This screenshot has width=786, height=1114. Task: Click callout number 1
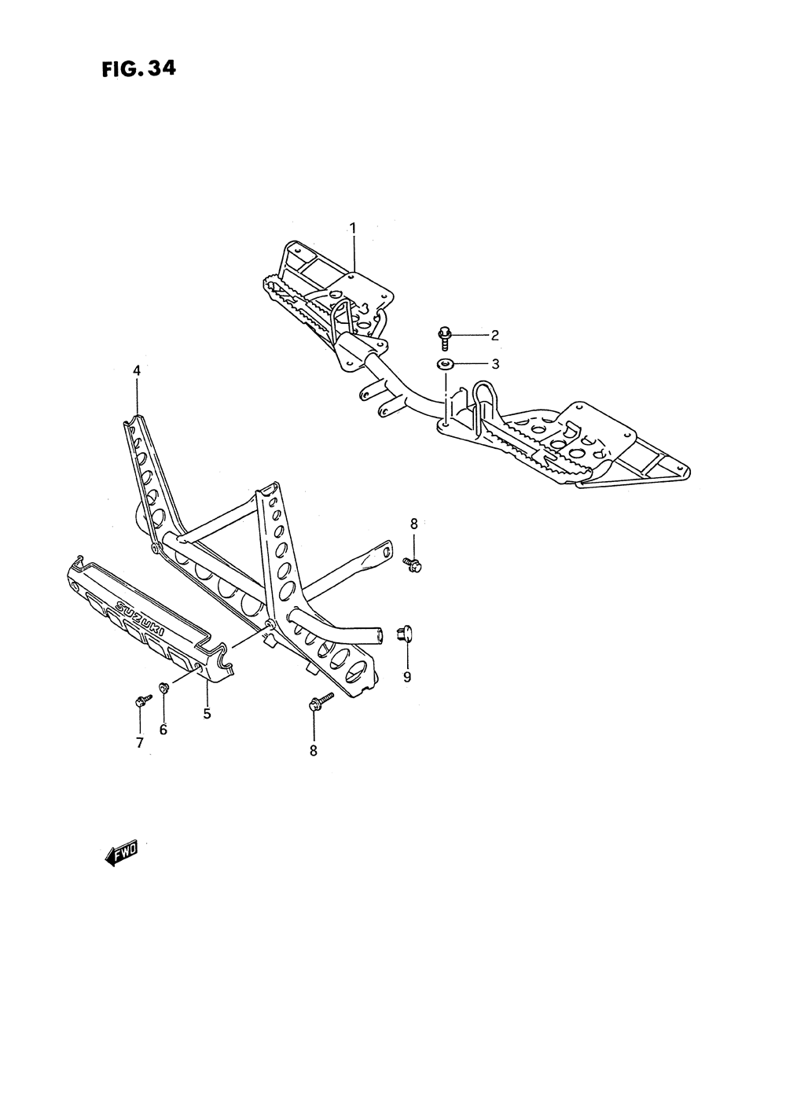point(353,228)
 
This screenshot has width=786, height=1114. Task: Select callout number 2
point(495,336)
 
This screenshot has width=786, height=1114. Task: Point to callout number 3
point(495,364)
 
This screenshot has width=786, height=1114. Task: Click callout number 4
point(137,369)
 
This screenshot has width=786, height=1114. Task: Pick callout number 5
point(207,714)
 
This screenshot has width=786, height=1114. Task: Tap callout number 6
point(163,730)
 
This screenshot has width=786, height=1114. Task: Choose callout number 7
point(140,742)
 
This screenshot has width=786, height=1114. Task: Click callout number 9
point(407,676)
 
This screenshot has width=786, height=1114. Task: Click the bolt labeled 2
point(445,338)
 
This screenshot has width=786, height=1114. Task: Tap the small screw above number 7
point(141,699)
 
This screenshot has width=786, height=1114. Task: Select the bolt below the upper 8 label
point(413,563)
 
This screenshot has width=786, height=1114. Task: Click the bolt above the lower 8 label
point(321,701)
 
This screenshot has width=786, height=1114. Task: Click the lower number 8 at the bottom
point(313,751)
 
